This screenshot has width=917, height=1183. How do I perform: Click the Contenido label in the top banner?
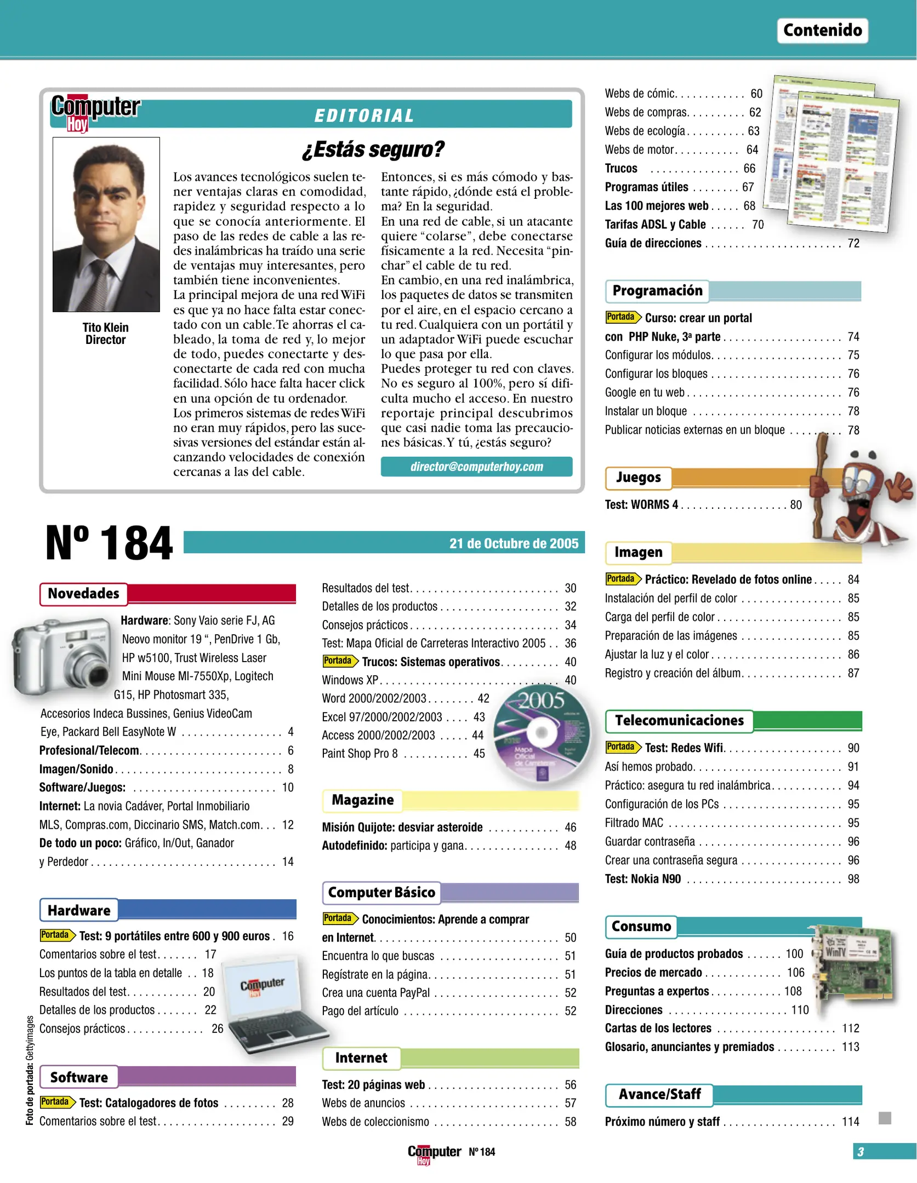pos(822,30)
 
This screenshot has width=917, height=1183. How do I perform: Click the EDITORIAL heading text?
pos(364,116)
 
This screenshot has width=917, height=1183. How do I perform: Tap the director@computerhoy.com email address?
pos(476,467)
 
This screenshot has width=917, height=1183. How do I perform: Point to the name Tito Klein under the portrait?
pos(105,327)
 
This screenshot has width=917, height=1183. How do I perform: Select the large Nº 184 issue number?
pos(109,543)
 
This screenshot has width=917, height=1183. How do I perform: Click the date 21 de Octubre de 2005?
pos(514,543)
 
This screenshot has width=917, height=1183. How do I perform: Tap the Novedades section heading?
pos(83,594)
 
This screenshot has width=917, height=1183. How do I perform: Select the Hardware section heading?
pos(79,910)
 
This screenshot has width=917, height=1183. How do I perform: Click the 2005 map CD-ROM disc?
pos(541,733)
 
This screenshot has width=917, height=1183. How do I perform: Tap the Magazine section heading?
pos(362,800)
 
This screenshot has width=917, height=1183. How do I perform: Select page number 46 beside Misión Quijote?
pos(570,827)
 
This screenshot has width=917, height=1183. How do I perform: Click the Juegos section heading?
pos(638,478)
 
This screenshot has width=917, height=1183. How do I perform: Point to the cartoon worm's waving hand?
pos(899,484)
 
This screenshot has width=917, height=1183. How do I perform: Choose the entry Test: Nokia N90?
pos(642,879)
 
